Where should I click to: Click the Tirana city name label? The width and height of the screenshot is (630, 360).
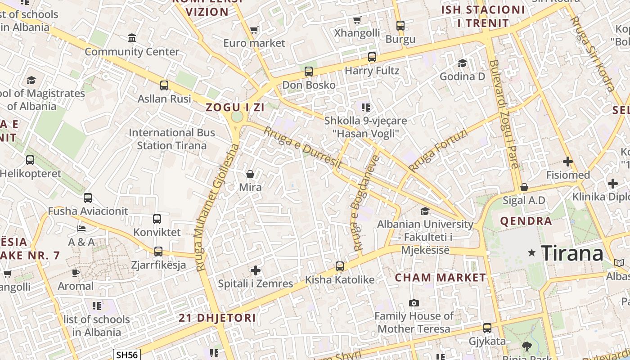click(571, 253)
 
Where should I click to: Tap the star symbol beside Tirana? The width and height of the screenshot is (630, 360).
click(532, 253)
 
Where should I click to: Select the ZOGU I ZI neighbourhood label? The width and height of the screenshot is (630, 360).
click(235, 107)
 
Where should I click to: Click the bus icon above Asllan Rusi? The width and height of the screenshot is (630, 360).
click(164, 85)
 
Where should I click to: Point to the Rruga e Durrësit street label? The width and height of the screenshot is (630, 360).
click(302, 147)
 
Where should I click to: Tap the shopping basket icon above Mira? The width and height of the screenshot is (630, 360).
click(250, 174)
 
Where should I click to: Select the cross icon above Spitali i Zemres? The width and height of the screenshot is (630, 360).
click(256, 270)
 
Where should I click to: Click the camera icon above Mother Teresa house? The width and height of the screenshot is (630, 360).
click(414, 303)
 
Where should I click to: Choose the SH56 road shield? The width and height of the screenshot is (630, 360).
click(127, 355)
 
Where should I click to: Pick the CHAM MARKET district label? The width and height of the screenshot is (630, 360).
click(440, 278)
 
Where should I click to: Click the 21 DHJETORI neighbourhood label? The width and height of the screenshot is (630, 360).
click(217, 318)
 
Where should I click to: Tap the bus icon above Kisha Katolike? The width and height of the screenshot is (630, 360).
click(340, 266)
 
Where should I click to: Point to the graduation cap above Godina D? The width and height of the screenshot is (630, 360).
click(462, 63)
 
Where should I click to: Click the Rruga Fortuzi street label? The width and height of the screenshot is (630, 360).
click(438, 151)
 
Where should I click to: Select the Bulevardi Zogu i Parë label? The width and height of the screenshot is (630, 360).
click(506, 114)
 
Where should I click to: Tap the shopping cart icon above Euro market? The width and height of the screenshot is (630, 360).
click(254, 30)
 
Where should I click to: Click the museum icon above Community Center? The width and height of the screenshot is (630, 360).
click(132, 38)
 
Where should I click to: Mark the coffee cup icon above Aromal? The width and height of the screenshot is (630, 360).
click(76, 273)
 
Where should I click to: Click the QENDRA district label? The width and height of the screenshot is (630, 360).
click(526, 221)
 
